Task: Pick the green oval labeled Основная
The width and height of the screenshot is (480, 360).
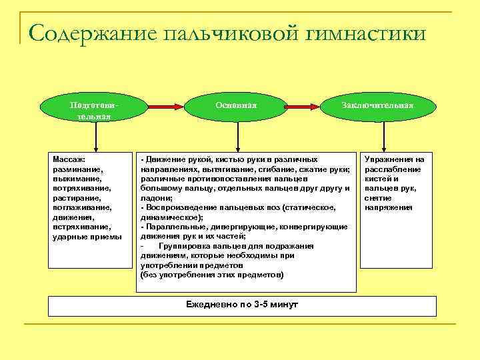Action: [x=236, y=106]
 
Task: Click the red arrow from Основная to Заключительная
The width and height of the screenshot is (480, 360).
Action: [x=307, y=106]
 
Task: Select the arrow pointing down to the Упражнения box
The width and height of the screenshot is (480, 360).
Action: [x=384, y=137]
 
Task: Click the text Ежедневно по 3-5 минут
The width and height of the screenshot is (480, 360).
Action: [x=243, y=304]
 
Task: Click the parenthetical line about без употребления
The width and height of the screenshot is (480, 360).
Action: [x=212, y=275]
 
